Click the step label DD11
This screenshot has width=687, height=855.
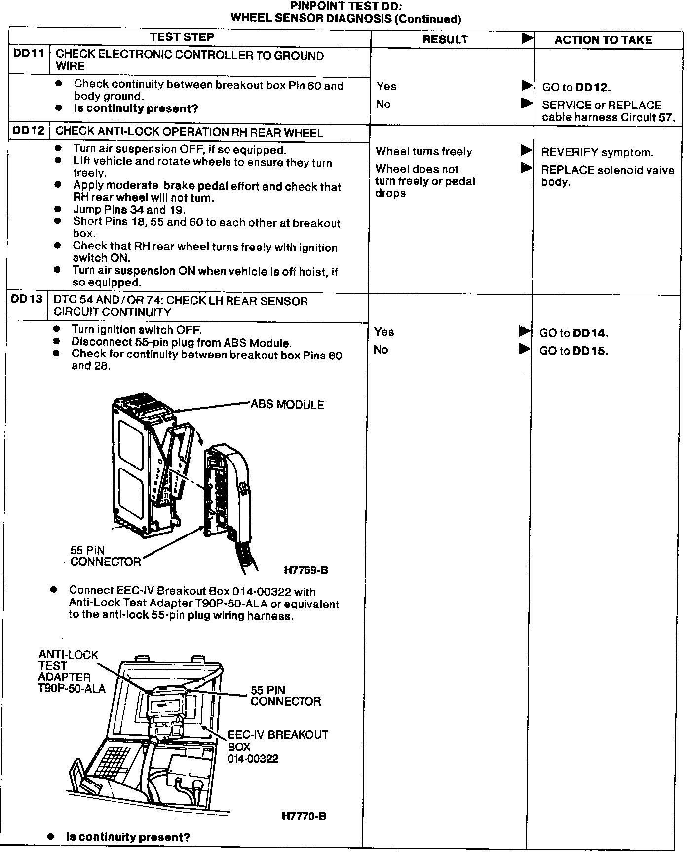29,54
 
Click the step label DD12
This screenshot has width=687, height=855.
29,131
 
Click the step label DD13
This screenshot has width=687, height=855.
27,299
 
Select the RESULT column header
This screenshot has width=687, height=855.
445,39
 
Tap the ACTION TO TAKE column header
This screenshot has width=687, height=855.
603,40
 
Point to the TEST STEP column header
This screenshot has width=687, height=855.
182,37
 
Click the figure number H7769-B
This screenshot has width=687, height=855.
306,570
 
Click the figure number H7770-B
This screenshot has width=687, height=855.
304,816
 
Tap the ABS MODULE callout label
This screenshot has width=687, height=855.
287,405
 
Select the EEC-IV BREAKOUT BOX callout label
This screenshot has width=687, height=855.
277,747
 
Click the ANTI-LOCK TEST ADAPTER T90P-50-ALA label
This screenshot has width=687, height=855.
71,671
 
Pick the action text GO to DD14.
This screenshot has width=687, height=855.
573,333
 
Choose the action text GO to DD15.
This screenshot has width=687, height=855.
573,351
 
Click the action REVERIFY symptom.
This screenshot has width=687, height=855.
597,152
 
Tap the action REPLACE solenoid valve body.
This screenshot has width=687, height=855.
607,176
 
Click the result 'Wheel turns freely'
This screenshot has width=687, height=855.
424,152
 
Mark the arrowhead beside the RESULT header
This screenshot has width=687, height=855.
527,38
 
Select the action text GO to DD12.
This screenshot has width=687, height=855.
576,87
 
